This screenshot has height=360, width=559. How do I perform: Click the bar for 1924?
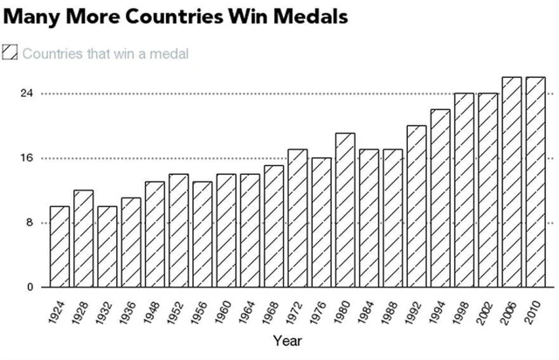click(x=59, y=246)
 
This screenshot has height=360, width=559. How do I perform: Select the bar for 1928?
click(x=83, y=239)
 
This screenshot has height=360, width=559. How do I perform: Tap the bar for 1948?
click(x=155, y=234)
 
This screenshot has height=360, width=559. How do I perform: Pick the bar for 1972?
click(x=298, y=218)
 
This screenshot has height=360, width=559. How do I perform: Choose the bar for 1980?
click(x=345, y=210)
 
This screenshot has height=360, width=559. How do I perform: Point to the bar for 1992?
click(x=417, y=206)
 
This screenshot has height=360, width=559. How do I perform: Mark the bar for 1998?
click(x=464, y=190)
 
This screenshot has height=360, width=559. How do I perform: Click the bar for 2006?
click(x=512, y=182)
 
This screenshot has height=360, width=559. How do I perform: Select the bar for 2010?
click(x=535, y=182)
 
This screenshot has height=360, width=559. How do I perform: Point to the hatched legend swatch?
click(x=10, y=53)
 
